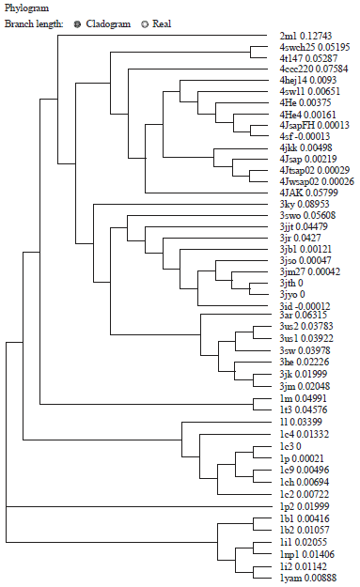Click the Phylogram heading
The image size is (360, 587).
(26, 7)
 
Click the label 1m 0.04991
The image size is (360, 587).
(305, 399)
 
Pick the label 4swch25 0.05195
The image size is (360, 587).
(314, 47)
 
